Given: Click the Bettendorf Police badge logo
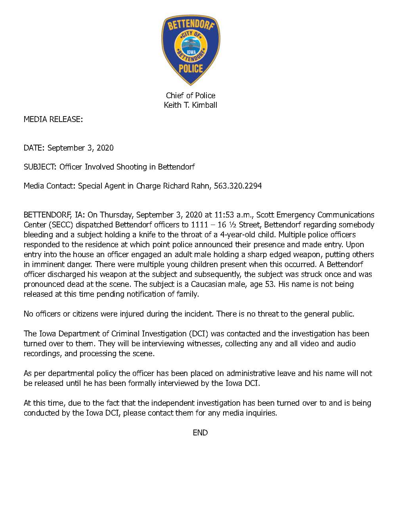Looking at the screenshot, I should click(191, 50).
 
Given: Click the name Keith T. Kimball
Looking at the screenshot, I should click(191, 105).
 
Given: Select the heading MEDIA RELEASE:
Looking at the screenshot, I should click(53, 119).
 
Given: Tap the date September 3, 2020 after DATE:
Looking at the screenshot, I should click(80, 148).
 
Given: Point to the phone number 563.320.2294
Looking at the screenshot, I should click(238, 186).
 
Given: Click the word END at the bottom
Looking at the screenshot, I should click(200, 433).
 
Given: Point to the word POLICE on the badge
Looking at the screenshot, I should click(191, 69).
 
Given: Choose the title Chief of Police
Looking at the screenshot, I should click(191, 95).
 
